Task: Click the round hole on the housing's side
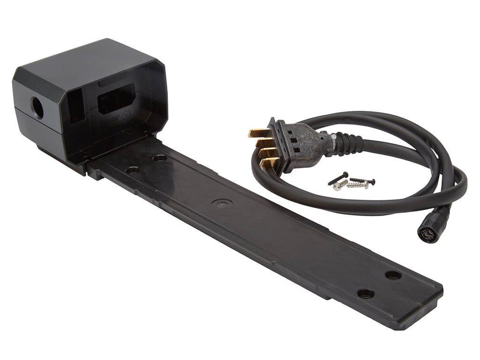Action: (x=37, y=108)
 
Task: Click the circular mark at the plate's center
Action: (x=222, y=203)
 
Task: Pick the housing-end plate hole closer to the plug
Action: (x=160, y=158)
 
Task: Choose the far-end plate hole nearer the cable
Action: (x=393, y=275)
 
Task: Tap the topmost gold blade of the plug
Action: (x=257, y=133)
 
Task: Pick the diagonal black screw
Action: (x=338, y=178)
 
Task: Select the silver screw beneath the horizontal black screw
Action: (x=358, y=185)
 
